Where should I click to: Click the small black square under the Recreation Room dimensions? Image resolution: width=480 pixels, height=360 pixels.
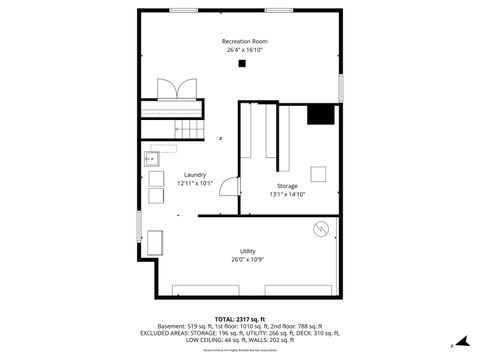coord(242,64)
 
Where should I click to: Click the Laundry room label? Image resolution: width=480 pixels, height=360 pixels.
coord(194,175)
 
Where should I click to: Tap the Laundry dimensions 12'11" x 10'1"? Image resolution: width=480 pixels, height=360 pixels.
coord(194,183)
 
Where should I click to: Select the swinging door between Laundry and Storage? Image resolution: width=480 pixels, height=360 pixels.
coord(229,187)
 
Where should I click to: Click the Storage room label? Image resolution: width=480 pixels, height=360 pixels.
coord(287,186)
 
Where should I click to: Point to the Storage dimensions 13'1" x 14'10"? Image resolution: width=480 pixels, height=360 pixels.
coord(287,194)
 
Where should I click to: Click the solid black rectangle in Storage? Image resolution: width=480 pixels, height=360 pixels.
coord(320,114)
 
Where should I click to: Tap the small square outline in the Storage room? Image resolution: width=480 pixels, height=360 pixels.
coord(318,173)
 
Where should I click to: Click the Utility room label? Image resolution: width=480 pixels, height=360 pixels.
coord(247,250)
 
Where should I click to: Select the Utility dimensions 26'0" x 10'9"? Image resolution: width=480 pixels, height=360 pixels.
coord(247,258)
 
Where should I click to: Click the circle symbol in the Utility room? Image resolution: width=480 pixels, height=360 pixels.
coord(321,229)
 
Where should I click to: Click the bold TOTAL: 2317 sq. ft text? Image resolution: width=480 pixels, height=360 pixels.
coord(240,318)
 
